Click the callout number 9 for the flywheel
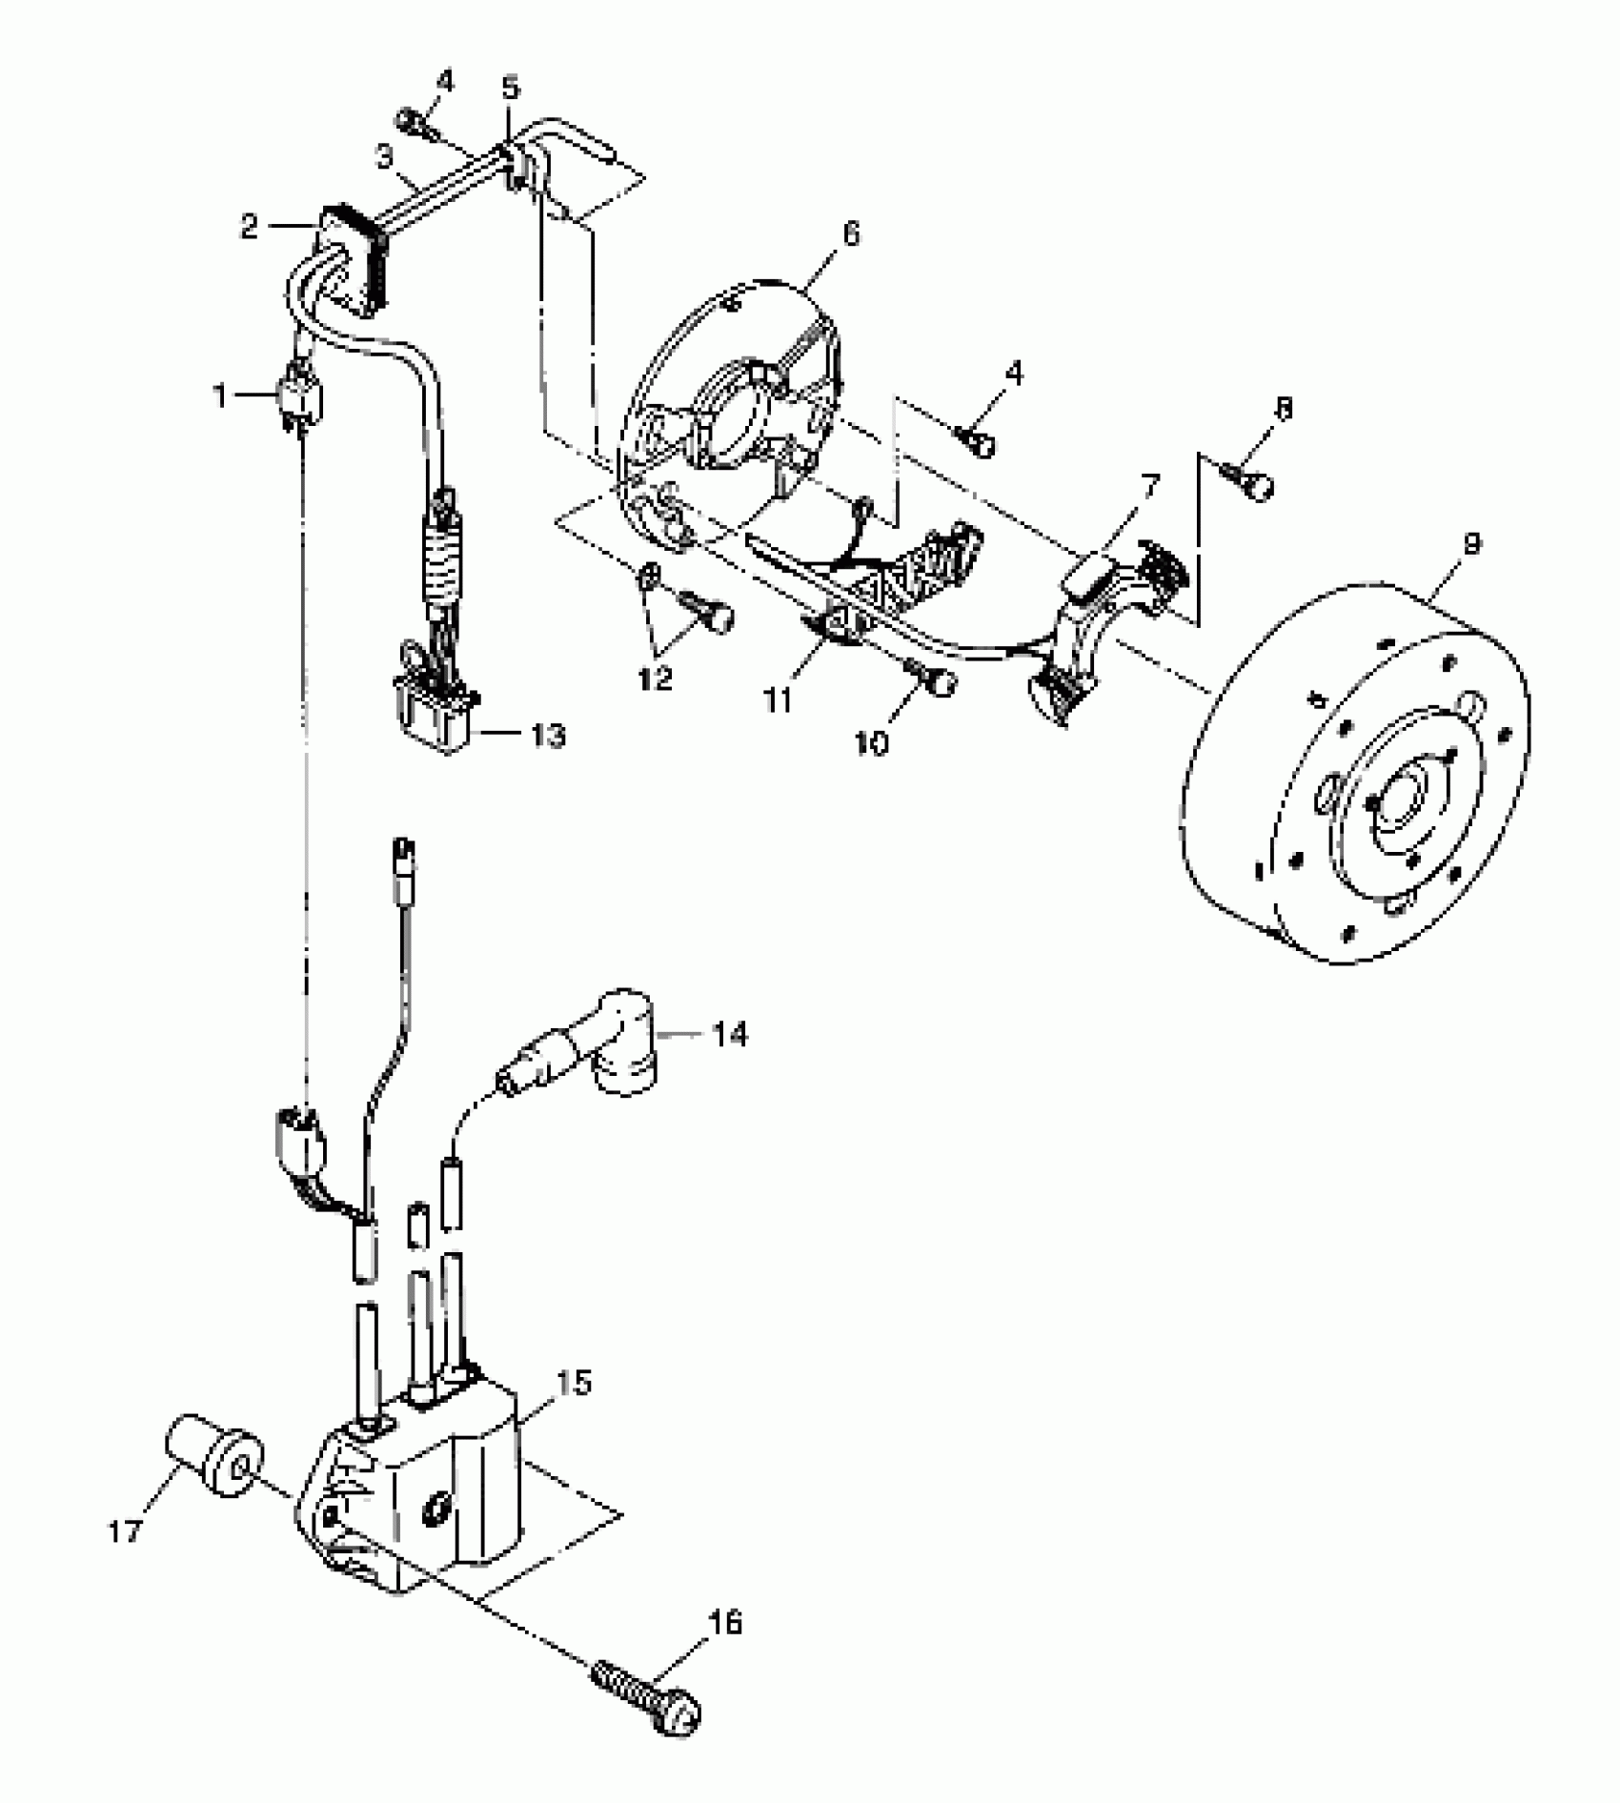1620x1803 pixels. [x=1470, y=545]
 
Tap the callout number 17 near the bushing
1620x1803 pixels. [x=126, y=1531]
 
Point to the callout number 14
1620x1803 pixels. [x=730, y=1035]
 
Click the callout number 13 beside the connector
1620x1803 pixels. [x=548, y=736]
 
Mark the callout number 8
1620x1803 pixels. [x=1284, y=410]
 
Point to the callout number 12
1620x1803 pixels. [x=658, y=679]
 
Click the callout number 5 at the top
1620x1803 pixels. [x=511, y=89]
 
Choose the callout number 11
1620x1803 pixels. [x=778, y=701]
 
